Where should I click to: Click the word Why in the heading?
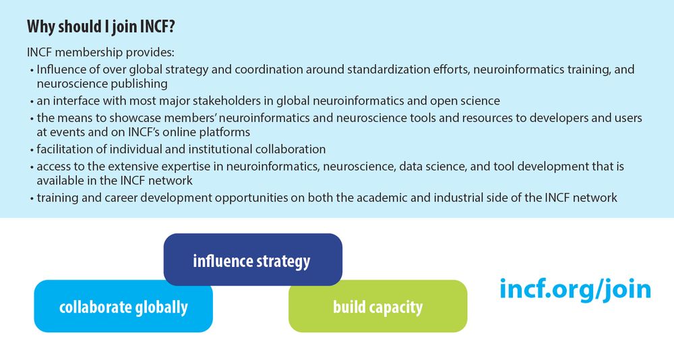click(41, 27)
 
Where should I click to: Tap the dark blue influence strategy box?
click(253, 260)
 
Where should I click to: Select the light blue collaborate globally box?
click(123, 306)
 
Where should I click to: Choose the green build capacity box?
click(378, 306)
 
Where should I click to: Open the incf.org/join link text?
click(575, 289)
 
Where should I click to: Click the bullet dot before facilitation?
click(32, 150)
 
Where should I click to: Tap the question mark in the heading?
click(171, 27)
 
